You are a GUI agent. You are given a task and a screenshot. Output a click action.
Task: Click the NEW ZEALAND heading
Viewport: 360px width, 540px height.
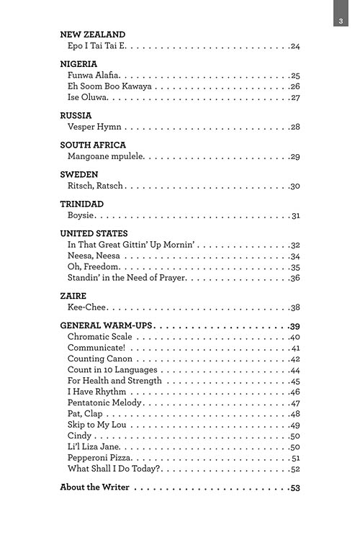(92, 34)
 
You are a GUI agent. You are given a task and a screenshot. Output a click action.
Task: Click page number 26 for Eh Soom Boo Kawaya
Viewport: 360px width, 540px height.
(294, 86)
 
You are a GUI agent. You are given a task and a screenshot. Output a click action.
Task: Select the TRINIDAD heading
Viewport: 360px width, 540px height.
(82, 204)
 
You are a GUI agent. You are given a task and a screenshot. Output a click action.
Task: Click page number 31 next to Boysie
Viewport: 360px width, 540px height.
(295, 215)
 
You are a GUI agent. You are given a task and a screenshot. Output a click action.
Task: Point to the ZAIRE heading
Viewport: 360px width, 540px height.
(73, 296)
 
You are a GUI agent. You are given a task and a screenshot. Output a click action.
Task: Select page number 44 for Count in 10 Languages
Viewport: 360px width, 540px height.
(294, 370)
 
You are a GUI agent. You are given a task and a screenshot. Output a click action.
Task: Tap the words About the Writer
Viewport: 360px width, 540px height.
(94, 487)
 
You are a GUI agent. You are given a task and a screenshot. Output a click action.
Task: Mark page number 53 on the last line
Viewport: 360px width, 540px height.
(294, 487)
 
